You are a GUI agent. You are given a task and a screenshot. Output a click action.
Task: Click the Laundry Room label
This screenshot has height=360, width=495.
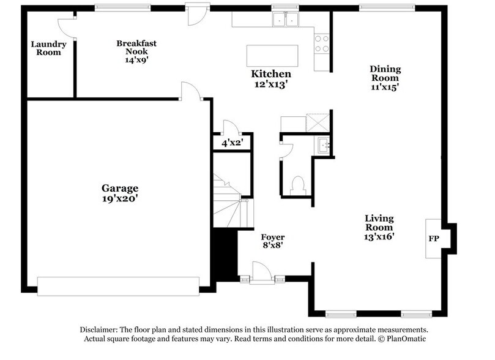click(x=47, y=48)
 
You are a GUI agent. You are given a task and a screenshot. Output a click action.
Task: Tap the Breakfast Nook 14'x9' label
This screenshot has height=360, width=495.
click(x=137, y=52)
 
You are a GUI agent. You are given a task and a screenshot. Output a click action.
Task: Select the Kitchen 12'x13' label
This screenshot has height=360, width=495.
click(x=270, y=79)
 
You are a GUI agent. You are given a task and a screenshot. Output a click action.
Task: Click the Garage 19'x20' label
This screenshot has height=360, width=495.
click(x=120, y=193)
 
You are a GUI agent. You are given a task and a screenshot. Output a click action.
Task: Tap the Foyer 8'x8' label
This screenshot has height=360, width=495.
click(x=272, y=241)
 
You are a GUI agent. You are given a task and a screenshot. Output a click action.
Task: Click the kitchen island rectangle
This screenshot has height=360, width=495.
click(x=272, y=56)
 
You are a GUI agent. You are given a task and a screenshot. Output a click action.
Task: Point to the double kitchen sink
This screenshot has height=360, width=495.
click(x=284, y=20)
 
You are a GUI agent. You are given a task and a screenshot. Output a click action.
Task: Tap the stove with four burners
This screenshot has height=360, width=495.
click(x=321, y=43)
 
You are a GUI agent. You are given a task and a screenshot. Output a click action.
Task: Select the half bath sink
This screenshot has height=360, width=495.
click(x=324, y=146)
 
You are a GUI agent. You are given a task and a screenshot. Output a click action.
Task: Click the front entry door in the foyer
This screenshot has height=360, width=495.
click(x=261, y=273)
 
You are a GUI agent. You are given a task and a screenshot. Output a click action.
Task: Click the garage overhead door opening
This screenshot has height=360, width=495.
click(x=118, y=286)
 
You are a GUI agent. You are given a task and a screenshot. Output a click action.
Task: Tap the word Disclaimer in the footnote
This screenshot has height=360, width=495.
click(x=99, y=329)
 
